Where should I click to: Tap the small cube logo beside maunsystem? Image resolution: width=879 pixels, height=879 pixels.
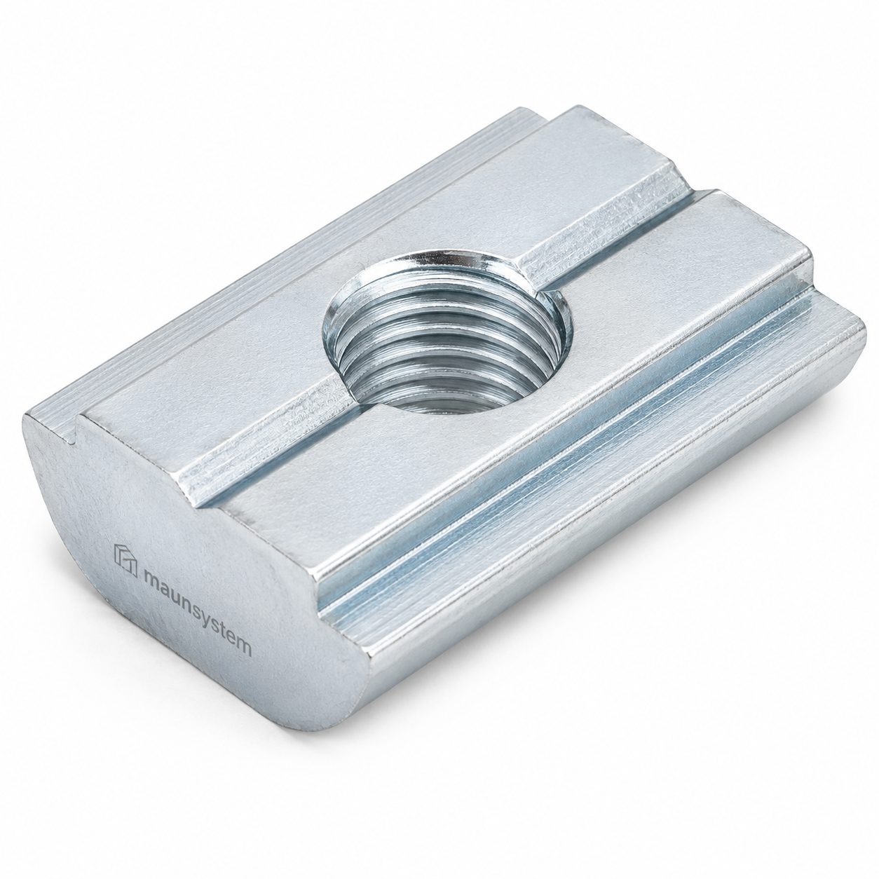coord(125,559)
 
